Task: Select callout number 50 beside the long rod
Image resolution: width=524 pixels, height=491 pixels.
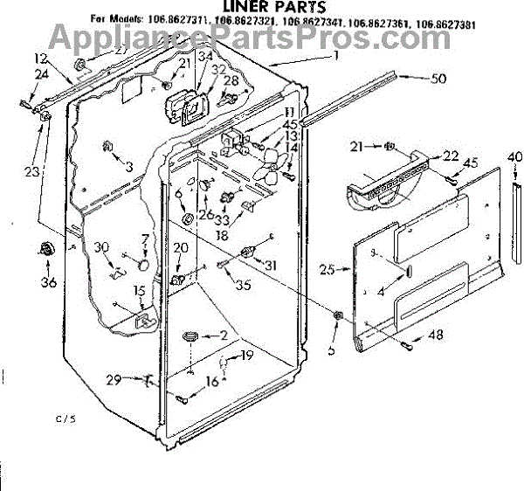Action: (x=438, y=79)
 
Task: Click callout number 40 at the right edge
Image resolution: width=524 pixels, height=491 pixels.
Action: (x=514, y=158)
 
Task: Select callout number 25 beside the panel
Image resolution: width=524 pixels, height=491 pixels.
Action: (x=327, y=270)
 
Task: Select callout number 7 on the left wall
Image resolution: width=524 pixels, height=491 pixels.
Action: (x=145, y=239)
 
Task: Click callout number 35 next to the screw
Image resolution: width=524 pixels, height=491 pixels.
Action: (x=243, y=284)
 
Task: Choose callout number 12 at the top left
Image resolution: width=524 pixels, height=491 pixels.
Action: (x=38, y=58)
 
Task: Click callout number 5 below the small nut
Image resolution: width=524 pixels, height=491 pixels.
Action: (x=331, y=349)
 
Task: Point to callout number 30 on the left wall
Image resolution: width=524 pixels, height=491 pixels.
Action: (x=103, y=247)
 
